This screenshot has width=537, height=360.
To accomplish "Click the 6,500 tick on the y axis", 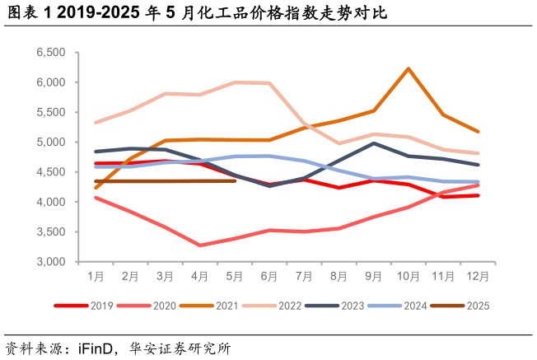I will [x=51, y=52].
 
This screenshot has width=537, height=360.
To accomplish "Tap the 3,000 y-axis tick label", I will [x=51, y=262].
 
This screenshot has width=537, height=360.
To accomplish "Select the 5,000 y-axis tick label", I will [x=51, y=142].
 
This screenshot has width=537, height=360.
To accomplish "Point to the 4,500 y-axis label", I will [x=51, y=172].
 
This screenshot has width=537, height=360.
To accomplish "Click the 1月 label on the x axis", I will [x=96, y=275].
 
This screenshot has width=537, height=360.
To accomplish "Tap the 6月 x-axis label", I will [x=269, y=275].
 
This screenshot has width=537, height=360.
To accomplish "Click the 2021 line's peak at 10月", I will [x=409, y=68].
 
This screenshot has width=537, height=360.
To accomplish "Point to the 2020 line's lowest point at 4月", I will [x=200, y=245].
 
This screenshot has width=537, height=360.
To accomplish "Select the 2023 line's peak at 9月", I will [x=374, y=143].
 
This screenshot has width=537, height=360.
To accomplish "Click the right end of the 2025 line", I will [x=236, y=180].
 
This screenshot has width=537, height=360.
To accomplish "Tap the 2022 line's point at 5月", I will [x=236, y=82].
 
